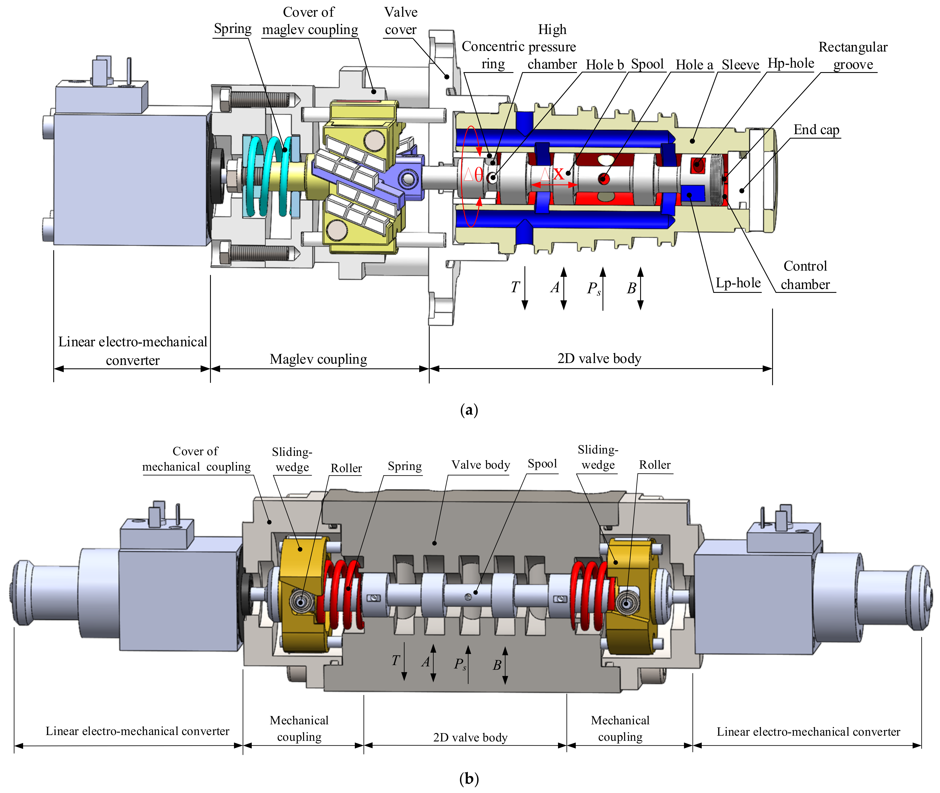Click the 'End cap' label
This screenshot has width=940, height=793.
pos(816,130)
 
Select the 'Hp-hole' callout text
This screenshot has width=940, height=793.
pos(791,63)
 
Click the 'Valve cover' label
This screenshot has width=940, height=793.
pos(401,21)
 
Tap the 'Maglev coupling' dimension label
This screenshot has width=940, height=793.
pos(318,359)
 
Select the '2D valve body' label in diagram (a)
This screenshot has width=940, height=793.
pos(599,359)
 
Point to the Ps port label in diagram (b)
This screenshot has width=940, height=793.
pos(459,664)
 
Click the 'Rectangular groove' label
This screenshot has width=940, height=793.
pos(853,56)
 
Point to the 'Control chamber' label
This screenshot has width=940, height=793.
pos(805,275)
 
